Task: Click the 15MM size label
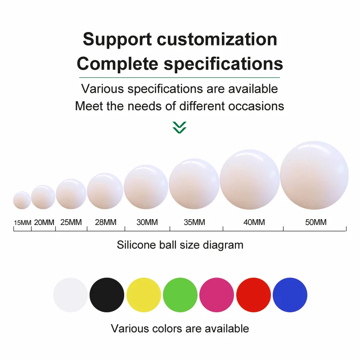tap(22, 223)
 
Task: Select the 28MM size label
tap(105, 222)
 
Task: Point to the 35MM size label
tap(194, 222)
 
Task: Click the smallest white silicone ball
tap(22, 200)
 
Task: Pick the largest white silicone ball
tap(314, 175)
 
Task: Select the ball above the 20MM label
tap(43, 197)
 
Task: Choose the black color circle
tap(107, 295)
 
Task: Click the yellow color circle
tap(144, 295)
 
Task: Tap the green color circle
tap(180, 295)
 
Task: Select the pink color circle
tap(216, 295)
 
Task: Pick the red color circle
tap(253, 295)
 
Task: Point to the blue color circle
tap(290, 295)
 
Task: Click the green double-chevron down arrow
tap(180, 127)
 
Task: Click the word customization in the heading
tap(217, 40)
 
